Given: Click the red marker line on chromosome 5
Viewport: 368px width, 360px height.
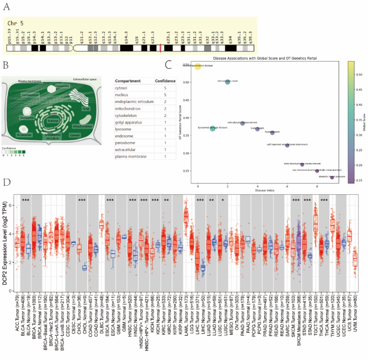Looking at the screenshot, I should point(161,48).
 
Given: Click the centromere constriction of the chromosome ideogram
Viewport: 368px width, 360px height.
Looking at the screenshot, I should point(74,48).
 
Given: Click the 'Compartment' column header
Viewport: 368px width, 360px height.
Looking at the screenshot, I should point(130,80).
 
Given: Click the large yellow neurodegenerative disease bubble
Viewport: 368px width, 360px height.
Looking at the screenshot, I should point(198,65).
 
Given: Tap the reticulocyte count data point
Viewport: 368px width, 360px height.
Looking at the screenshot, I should point(228,82).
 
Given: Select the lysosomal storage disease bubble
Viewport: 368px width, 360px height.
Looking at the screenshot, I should point(213,128).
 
